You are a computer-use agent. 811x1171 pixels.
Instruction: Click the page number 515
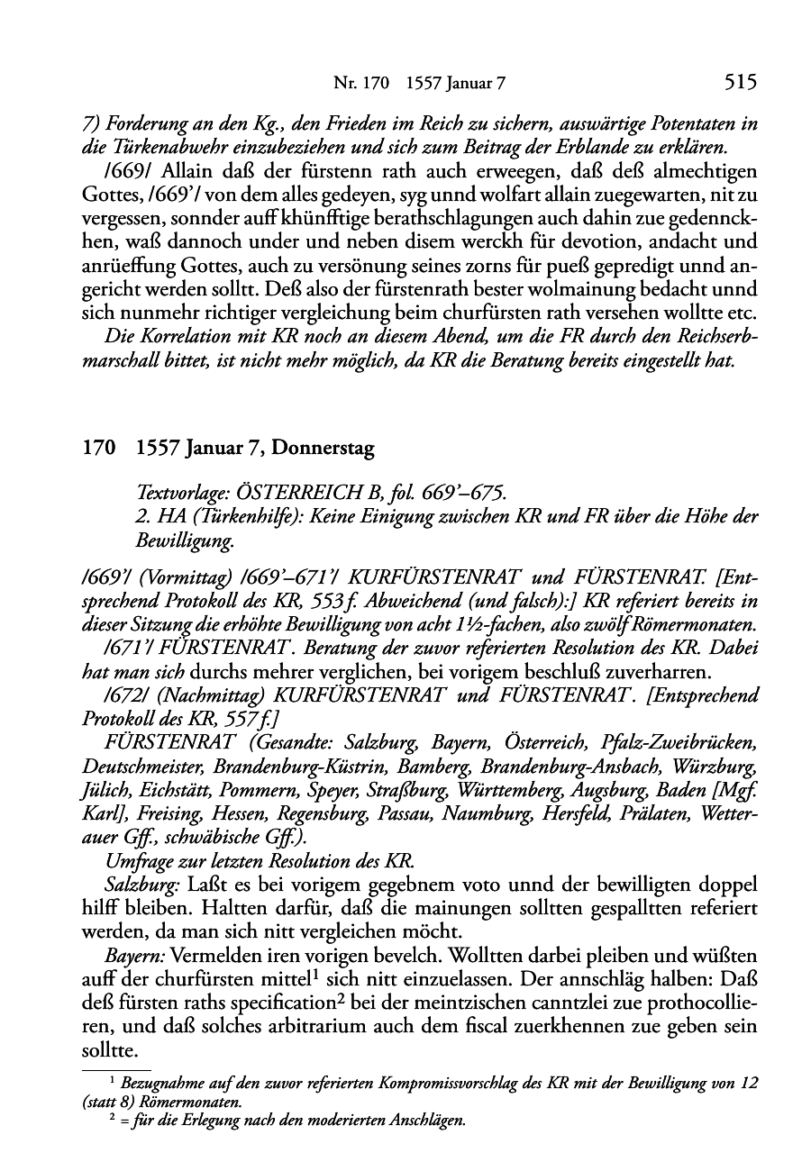click(x=739, y=83)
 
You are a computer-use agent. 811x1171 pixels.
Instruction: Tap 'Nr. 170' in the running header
click(x=360, y=84)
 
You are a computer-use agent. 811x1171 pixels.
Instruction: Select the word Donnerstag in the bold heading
click(x=323, y=448)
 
